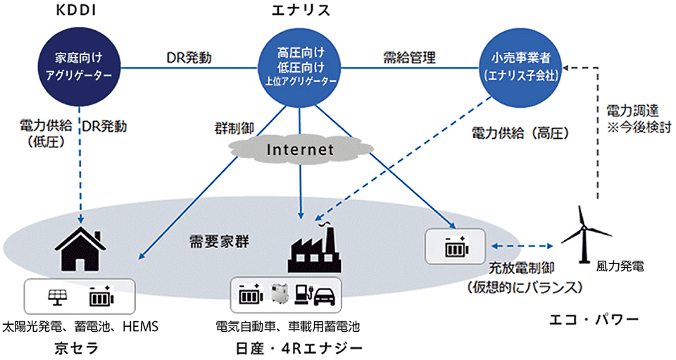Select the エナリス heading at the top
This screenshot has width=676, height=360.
301,12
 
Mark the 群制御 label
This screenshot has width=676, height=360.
233,128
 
